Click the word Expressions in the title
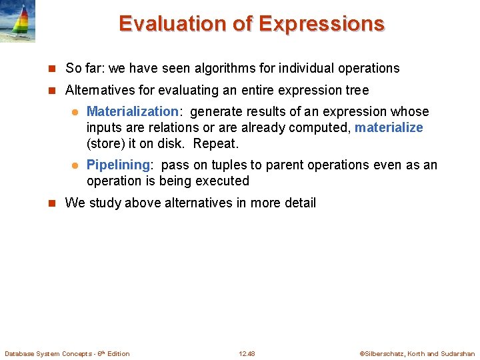point(321,23)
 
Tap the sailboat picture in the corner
point(17,21)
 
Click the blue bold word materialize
point(389,127)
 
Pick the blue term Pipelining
point(119,165)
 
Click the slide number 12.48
point(247,353)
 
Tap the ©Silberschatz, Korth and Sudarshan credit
point(417,353)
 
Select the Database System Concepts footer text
point(67,353)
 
